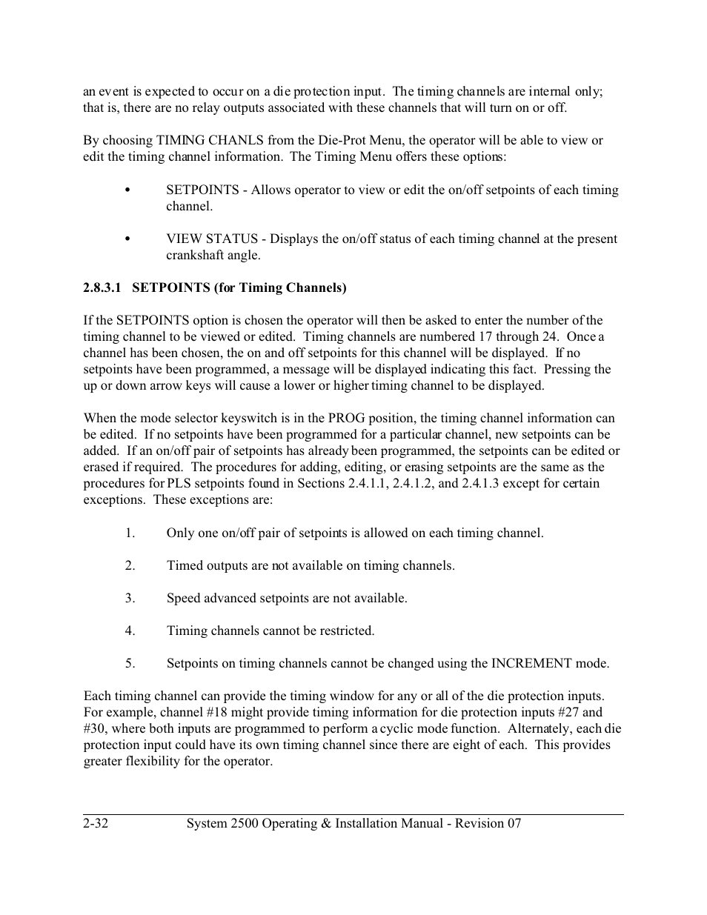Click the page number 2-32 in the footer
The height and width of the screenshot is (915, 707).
coord(96,823)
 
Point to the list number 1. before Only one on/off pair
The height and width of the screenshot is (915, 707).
coord(130,533)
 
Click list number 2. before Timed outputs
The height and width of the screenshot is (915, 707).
coord(130,565)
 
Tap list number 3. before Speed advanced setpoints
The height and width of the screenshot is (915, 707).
coord(130,598)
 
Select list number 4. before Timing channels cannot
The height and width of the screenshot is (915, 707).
coord(130,630)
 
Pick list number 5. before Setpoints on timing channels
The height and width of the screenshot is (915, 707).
coord(130,663)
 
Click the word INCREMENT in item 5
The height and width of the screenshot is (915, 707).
coord(531,663)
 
